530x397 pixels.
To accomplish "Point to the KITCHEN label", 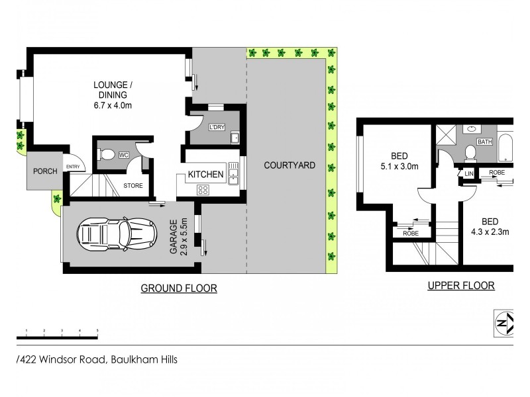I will pyautogui.click(x=205, y=174).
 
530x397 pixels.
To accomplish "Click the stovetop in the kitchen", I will pyautogui.click(x=203, y=190).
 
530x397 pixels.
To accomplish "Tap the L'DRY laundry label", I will pyautogui.click(x=217, y=127).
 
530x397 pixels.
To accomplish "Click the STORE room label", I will pyautogui.click(x=133, y=186).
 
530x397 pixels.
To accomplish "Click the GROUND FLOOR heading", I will pyautogui.click(x=178, y=288).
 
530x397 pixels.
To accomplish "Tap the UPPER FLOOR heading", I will pyautogui.click(x=461, y=286).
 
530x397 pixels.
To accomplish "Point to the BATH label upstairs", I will pyautogui.click(x=485, y=142).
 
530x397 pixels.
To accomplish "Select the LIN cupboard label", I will pyautogui.click(x=468, y=173).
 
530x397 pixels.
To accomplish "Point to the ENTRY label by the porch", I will pyautogui.click(x=72, y=167).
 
